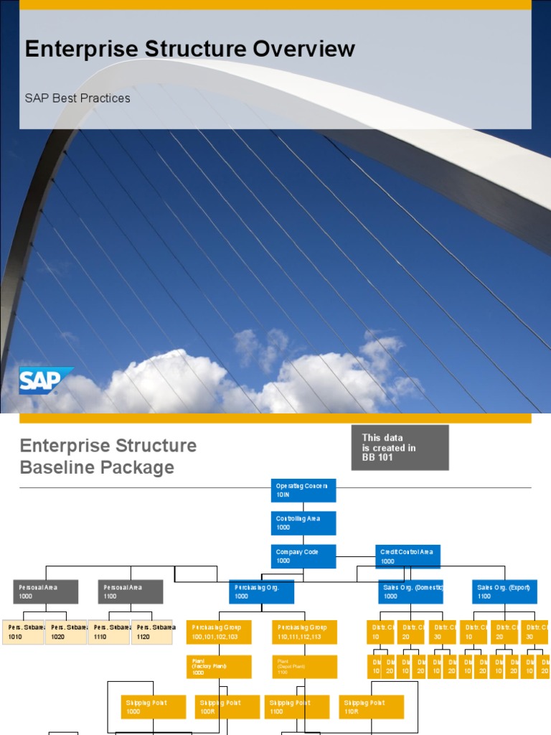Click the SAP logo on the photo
click(45, 380)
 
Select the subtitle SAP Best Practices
click(77, 98)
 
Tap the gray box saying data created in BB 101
click(400, 447)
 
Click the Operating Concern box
click(303, 490)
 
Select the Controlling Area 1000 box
click(303, 523)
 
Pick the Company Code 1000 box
click(303, 556)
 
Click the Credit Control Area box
click(408, 556)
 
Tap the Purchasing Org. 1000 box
click(261, 591)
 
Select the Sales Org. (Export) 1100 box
click(504, 591)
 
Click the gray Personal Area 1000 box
click(45, 591)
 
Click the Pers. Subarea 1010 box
click(24, 632)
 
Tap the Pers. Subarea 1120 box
click(152, 632)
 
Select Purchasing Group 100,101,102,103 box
click(219, 632)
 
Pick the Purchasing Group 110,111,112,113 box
click(304, 632)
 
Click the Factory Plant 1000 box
click(219, 667)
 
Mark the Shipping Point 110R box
click(372, 707)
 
